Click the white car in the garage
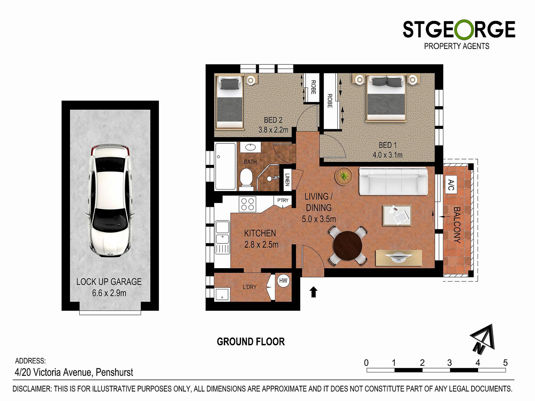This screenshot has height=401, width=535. click(110, 200)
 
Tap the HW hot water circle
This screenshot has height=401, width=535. click(283, 281)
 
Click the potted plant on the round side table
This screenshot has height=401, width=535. click(344, 176)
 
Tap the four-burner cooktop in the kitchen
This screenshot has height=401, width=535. click(247, 204)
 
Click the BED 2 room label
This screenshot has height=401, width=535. click(273, 120)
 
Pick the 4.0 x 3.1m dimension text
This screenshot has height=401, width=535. click(387, 155)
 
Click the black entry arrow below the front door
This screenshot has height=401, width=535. click(313, 292)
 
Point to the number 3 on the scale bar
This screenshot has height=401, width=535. click(449, 363)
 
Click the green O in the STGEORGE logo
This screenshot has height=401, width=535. click(464, 30)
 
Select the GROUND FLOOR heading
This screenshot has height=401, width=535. click(251, 342)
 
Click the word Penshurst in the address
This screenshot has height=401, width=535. click(114, 372)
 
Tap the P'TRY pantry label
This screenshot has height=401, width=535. click(283, 200)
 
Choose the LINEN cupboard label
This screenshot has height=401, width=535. click(287, 179)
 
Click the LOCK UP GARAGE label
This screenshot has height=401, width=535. click(109, 282)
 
